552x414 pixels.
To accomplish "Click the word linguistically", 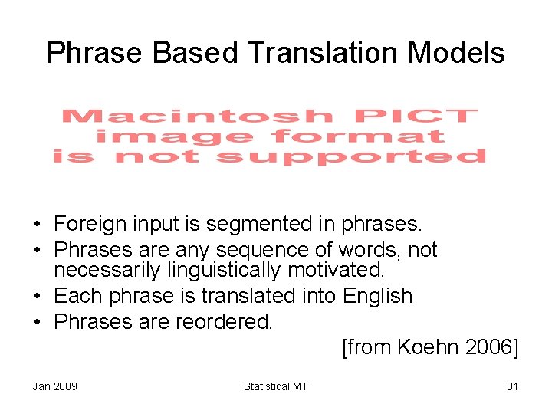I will (x=217, y=270).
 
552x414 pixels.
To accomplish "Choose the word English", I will (x=378, y=296).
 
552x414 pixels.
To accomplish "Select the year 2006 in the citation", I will (x=492, y=348).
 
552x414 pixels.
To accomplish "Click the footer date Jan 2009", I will (x=54, y=386).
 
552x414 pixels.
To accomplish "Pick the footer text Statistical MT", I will (x=275, y=386).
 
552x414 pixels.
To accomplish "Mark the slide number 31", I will (x=512, y=386).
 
